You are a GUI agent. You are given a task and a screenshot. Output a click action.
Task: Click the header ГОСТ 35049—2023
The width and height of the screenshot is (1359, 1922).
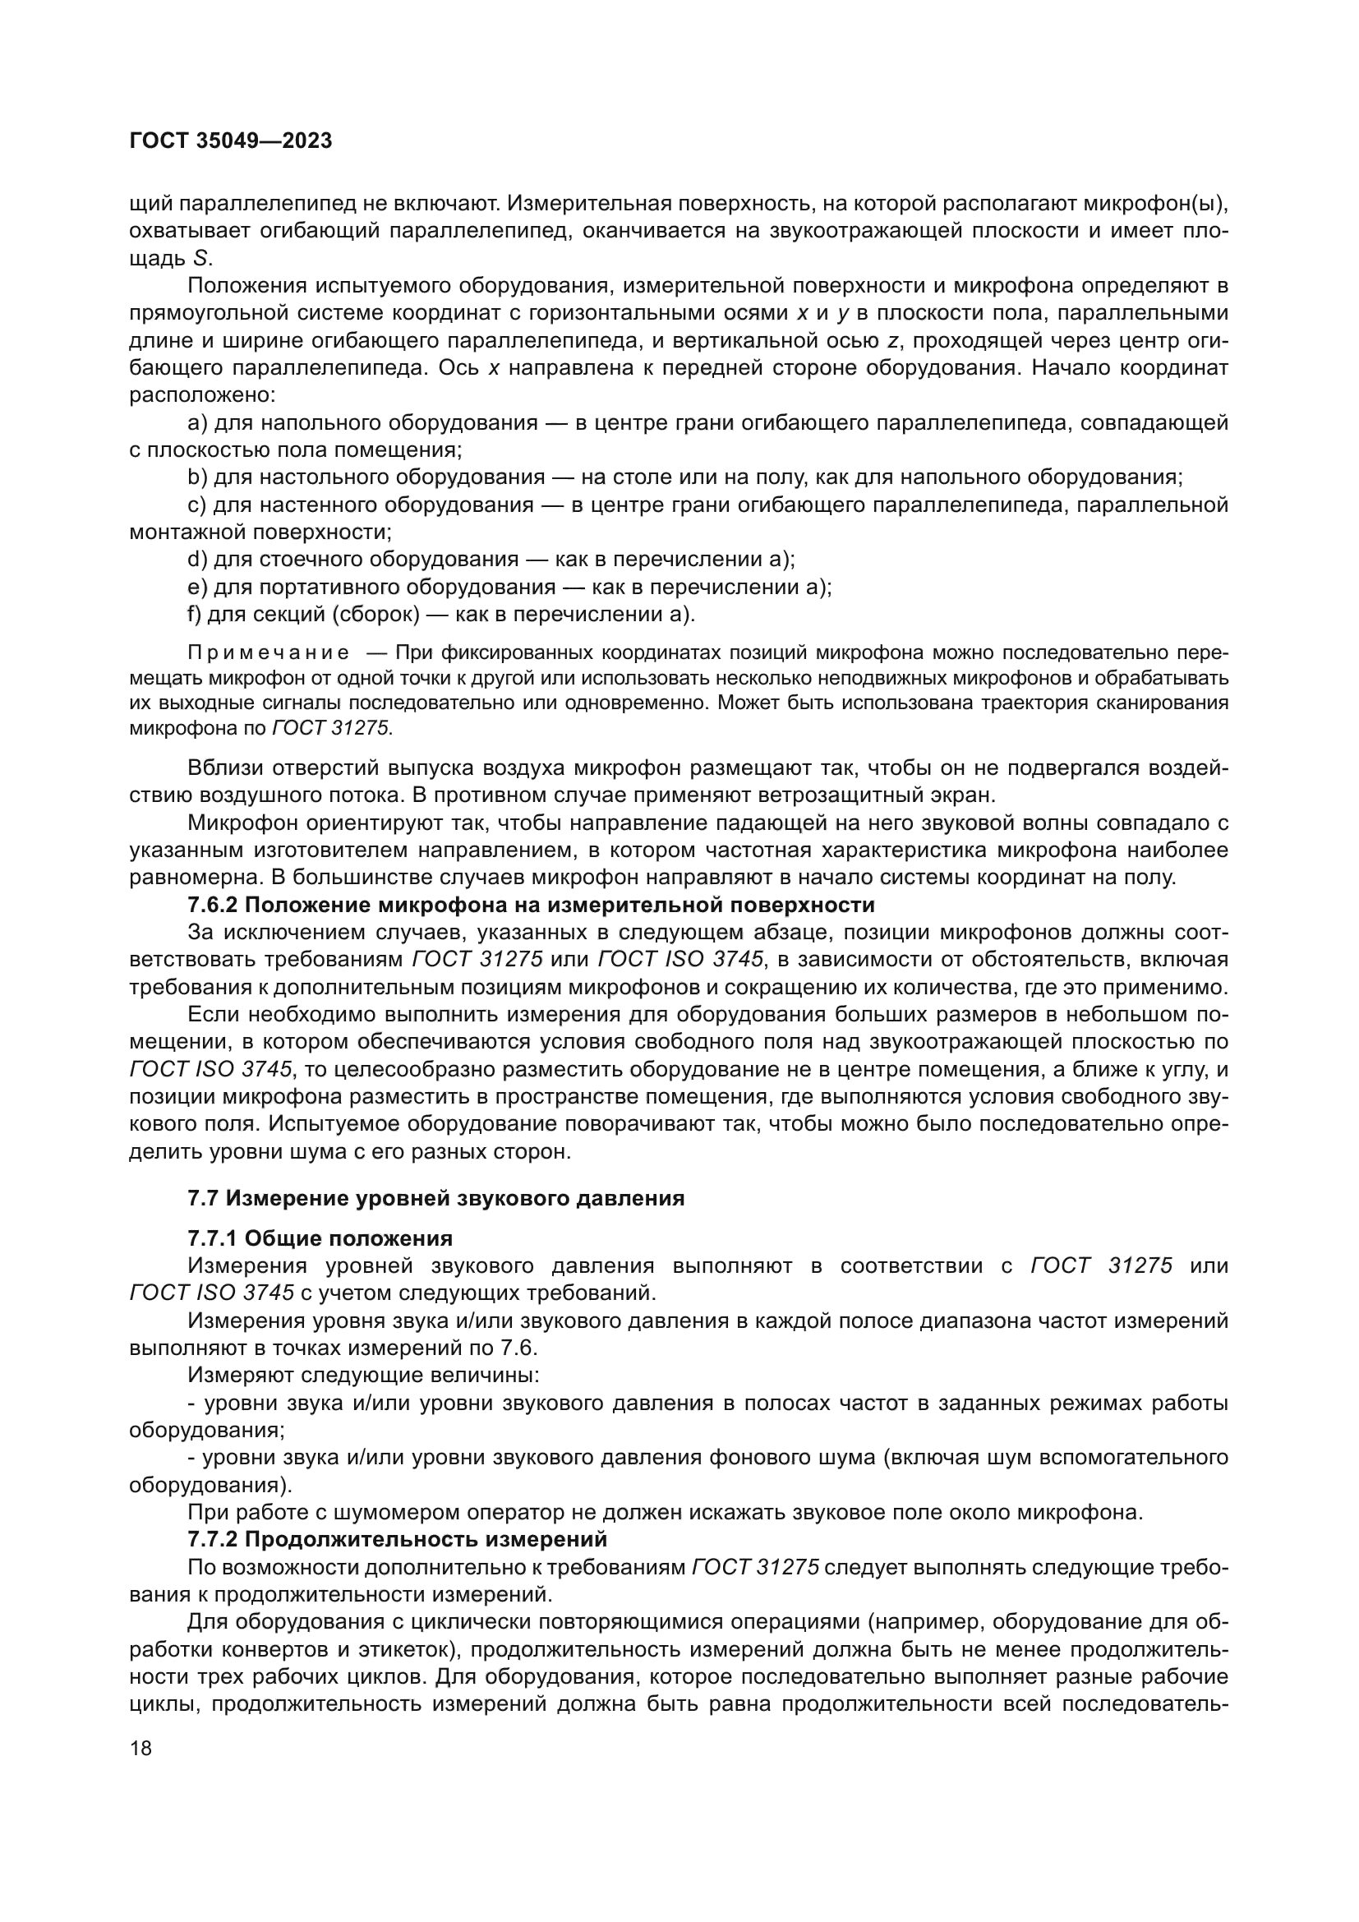tap(231, 141)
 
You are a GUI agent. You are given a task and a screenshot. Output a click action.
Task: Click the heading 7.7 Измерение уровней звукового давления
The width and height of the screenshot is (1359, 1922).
tap(435, 1198)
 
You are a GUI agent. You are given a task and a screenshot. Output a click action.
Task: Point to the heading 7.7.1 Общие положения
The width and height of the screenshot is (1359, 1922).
tap(320, 1238)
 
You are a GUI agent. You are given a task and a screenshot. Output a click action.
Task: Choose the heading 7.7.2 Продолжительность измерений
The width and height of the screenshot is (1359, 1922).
tap(397, 1538)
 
